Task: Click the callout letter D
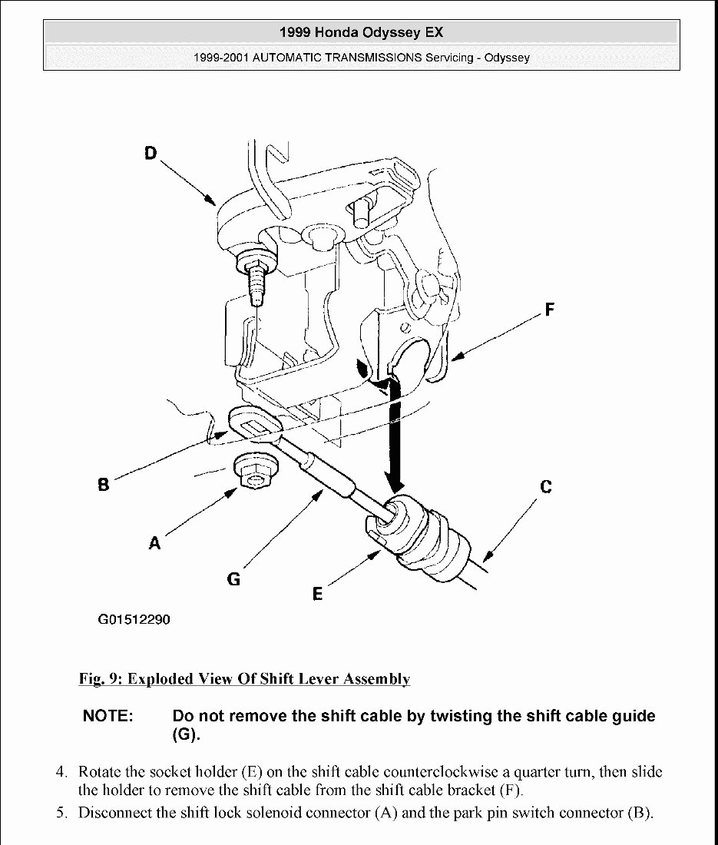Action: point(150,153)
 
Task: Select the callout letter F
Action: point(549,310)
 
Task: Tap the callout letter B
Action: point(103,485)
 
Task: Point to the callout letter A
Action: point(154,542)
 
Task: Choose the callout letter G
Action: point(233,579)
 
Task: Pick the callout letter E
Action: point(317,593)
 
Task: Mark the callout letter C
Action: point(545,486)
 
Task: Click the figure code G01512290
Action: point(134,620)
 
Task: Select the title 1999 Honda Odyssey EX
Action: point(361,32)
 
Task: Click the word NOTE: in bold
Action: point(108,716)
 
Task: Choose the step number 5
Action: point(61,813)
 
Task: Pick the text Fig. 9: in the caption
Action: point(101,679)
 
